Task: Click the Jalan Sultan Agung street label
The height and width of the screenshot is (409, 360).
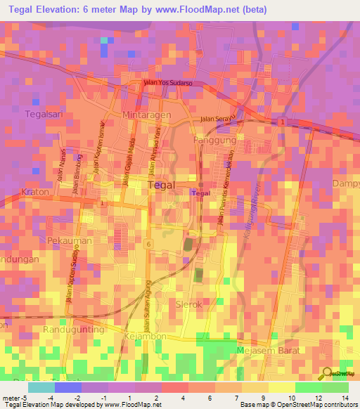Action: pyautogui.click(x=147, y=313)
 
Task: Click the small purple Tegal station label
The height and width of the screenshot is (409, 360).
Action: pyautogui.click(x=201, y=193)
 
